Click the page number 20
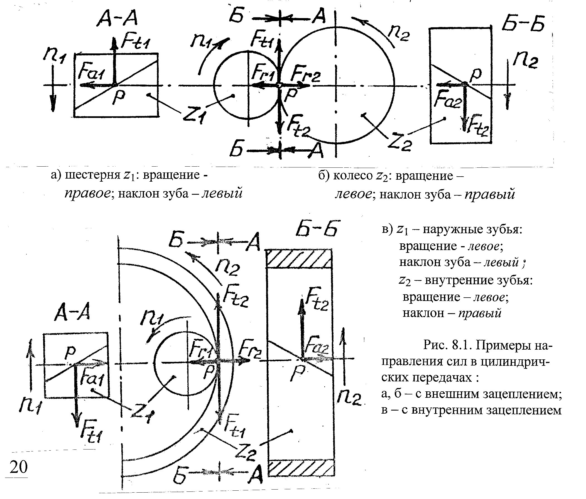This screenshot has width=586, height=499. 19,467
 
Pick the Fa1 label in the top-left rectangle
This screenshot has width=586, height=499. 90,74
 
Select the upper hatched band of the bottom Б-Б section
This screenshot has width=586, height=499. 300,259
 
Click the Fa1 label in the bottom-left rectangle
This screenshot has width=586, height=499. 91,380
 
